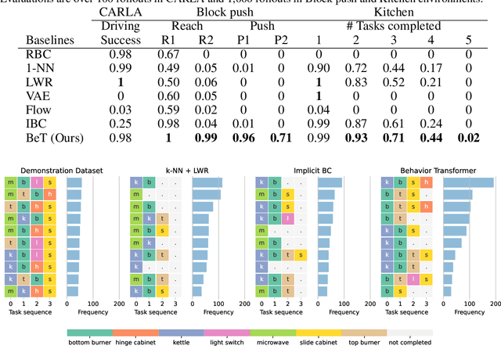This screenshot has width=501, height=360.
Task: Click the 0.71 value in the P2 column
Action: point(280,139)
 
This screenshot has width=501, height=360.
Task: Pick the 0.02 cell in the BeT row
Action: point(468,139)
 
